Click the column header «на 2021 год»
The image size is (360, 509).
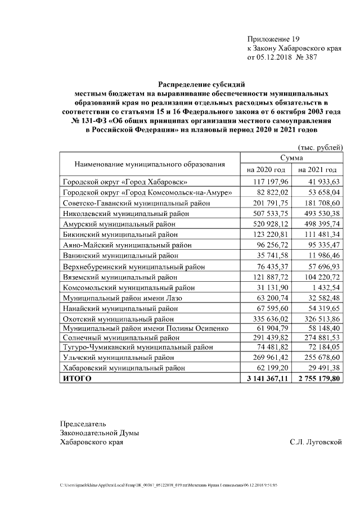pyautogui.click(x=317, y=170)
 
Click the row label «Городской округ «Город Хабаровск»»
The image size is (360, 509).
pyautogui.click(x=124, y=182)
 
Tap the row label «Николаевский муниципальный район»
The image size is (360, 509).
pyautogui.click(x=125, y=214)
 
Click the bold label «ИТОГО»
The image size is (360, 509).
pyautogui.click(x=76, y=379)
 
